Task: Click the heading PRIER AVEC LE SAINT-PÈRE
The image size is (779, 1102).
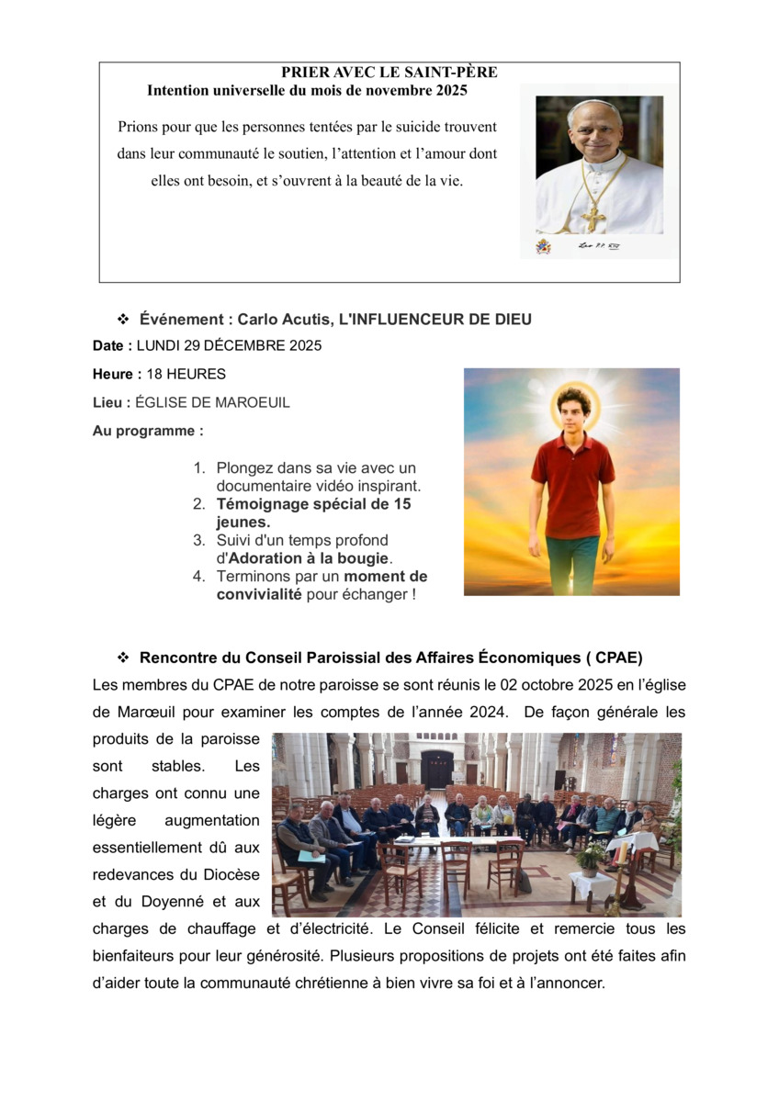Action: (389, 73)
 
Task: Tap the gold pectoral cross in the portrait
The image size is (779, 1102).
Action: (593, 219)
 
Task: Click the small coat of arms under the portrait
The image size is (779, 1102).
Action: (544, 247)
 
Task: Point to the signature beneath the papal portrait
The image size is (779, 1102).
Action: (593, 246)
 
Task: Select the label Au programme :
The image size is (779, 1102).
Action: (148, 431)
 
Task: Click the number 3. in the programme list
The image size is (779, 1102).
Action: (199, 541)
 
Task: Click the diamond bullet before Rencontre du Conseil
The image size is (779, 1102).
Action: (122, 658)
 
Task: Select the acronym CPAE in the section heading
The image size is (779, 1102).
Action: (618, 658)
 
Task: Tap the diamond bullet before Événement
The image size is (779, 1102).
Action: (122, 320)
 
